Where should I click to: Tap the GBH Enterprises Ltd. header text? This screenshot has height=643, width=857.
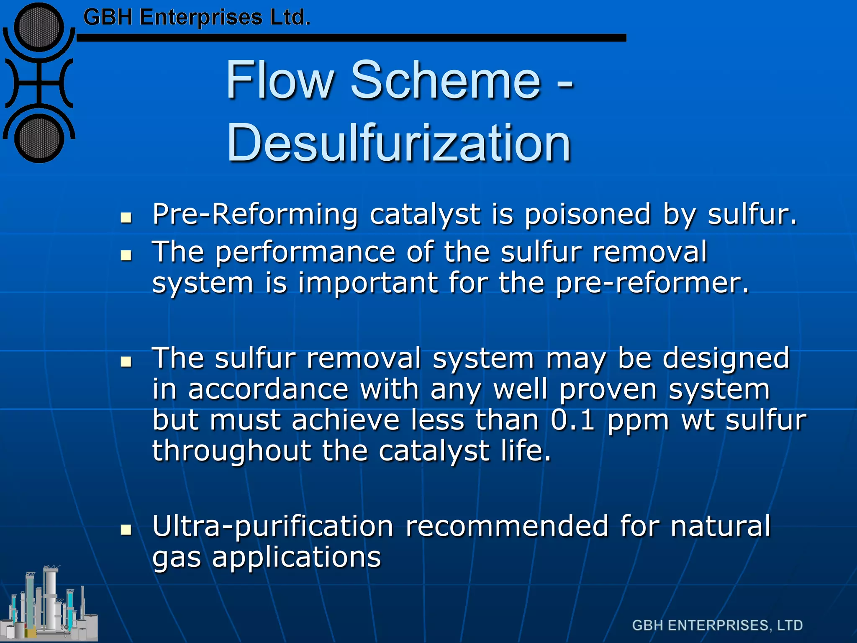[x=197, y=18]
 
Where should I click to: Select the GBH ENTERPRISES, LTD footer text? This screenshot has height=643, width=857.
[x=717, y=625]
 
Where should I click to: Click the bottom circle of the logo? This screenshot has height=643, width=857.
[x=39, y=138]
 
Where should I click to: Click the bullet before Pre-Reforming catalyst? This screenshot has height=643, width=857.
[x=126, y=217]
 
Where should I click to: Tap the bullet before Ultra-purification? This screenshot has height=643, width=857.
[x=126, y=530]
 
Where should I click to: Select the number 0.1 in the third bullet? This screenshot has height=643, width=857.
[x=572, y=420]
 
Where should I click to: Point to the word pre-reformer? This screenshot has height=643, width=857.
[x=652, y=283]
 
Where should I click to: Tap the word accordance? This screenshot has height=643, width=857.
[x=268, y=389]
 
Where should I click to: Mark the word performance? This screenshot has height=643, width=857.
[x=305, y=252]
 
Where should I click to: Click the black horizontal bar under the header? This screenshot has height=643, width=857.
[x=352, y=38]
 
